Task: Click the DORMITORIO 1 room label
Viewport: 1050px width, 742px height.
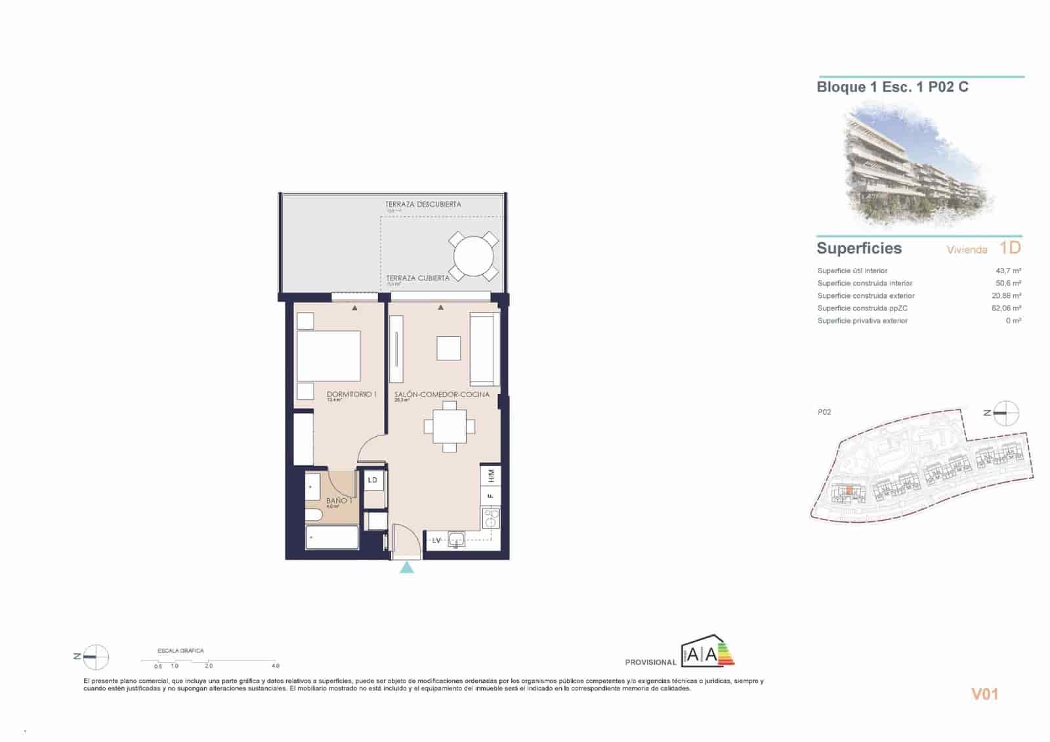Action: pos(351,395)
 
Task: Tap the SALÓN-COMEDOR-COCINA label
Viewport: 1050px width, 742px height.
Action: pos(442,395)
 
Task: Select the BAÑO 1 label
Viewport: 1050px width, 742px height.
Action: pos(339,500)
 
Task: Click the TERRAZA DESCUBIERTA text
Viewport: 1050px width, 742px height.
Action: pos(423,204)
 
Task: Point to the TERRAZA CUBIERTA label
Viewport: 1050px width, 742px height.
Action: pos(417,278)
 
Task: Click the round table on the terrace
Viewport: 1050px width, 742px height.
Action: pos(473,255)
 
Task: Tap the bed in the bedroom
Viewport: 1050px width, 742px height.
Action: pos(328,356)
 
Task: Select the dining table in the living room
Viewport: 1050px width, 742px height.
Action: pos(449,427)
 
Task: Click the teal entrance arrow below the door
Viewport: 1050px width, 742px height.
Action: pos(407,567)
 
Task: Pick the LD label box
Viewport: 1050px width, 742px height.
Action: pos(373,480)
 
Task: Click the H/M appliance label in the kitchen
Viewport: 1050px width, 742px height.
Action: pos(491,475)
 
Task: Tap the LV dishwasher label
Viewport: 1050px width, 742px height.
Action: pos(436,540)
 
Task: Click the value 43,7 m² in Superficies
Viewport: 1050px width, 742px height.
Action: pos(1008,271)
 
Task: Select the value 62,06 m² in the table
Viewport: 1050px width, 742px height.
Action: pos(1006,308)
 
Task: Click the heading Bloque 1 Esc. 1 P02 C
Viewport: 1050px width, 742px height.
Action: pos(892,87)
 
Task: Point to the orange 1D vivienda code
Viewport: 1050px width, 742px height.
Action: pos(1011,248)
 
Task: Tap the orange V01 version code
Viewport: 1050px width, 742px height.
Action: pos(984,694)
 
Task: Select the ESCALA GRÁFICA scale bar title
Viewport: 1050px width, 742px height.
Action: pos(180,651)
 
